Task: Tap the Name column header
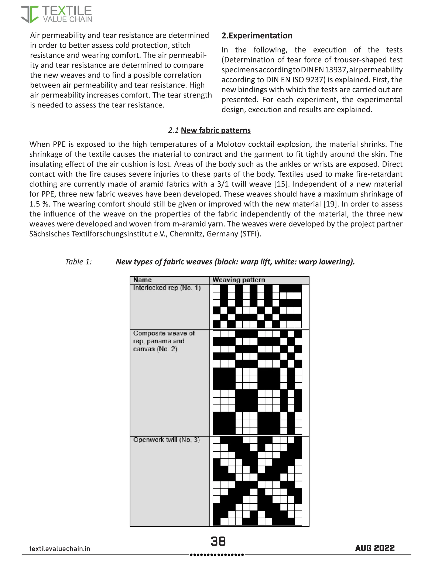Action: pyautogui.click(x=143, y=280)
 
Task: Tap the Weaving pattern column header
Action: pyautogui.click(x=238, y=280)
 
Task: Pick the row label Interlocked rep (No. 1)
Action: pyautogui.click(x=167, y=288)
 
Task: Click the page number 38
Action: pyautogui.click(x=218, y=541)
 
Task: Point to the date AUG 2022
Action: pyautogui.click(x=375, y=548)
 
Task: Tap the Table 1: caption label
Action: pyautogui.click(x=78, y=262)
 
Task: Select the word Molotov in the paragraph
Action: pyautogui.click(x=232, y=144)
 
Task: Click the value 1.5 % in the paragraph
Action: pyautogui.click(x=40, y=204)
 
